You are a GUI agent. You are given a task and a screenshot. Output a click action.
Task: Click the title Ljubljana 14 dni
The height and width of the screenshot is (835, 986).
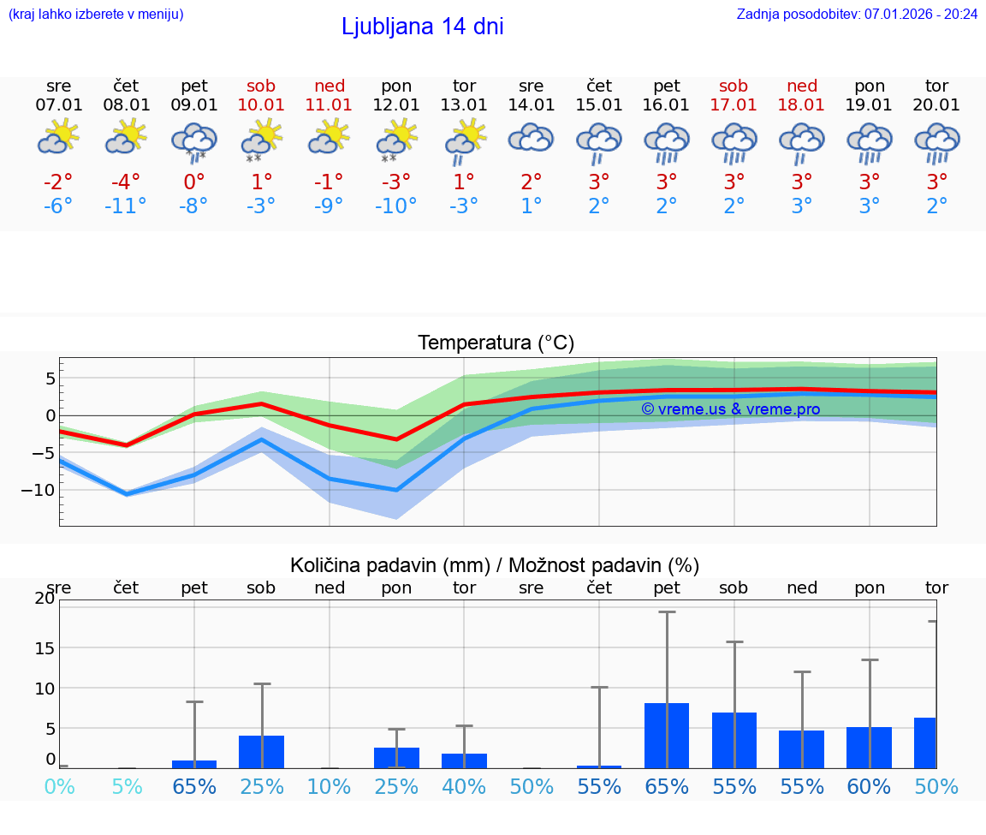(x=422, y=27)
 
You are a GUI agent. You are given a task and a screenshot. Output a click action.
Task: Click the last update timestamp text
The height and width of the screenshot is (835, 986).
(x=857, y=14)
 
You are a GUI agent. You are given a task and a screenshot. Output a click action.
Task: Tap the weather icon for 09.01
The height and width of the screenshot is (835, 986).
(x=194, y=141)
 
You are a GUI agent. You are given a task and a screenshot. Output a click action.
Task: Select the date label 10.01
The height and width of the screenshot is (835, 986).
(x=261, y=104)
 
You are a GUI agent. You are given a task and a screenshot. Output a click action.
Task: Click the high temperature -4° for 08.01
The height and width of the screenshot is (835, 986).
(x=126, y=182)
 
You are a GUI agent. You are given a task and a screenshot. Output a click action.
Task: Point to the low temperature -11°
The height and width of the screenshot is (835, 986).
(x=126, y=206)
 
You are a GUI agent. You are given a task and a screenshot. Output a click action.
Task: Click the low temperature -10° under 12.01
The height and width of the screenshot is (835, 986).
(x=395, y=206)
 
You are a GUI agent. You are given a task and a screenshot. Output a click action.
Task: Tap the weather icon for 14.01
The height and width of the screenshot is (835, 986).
(x=531, y=139)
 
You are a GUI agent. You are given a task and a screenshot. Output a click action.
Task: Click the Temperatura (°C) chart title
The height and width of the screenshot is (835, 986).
(x=496, y=343)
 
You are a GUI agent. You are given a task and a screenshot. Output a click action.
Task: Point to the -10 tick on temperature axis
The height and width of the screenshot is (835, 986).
(x=44, y=490)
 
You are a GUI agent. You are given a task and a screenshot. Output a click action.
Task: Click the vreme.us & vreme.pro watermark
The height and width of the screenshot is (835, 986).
(x=730, y=409)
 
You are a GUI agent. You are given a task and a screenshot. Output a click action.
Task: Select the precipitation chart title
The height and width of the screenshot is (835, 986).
(x=495, y=565)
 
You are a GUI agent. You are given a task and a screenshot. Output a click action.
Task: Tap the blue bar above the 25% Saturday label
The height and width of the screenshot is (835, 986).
(x=261, y=751)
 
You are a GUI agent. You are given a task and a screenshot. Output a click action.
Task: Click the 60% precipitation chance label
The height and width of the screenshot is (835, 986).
(x=869, y=787)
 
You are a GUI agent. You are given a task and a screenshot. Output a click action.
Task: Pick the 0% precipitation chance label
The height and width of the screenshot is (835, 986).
(x=59, y=787)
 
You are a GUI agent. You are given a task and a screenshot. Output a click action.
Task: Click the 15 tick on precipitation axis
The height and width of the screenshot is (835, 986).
(x=45, y=647)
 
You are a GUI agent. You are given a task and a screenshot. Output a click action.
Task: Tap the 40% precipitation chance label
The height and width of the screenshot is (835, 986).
(x=464, y=787)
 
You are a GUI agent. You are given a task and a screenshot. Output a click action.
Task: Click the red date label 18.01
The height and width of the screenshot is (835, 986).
(x=801, y=104)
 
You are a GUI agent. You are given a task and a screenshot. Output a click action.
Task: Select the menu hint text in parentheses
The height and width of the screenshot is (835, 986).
(x=96, y=14)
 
